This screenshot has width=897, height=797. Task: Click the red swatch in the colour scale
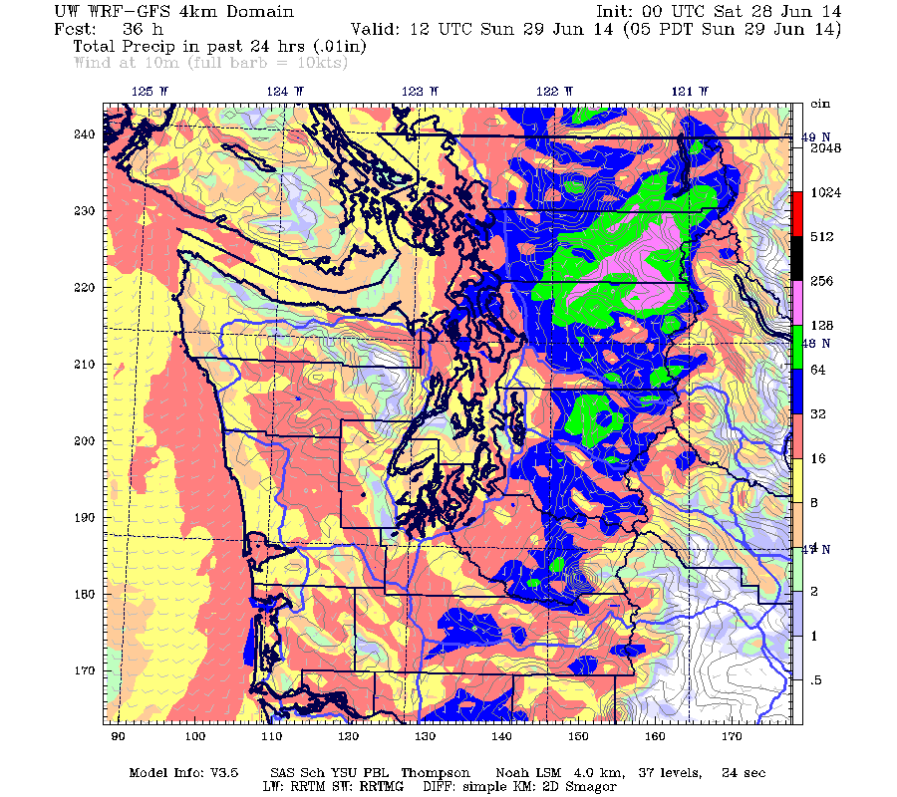pyautogui.click(x=795, y=213)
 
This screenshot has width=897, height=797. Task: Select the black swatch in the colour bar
pyautogui.click(x=795, y=258)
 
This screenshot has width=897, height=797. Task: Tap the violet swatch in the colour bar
pyautogui.click(x=795, y=303)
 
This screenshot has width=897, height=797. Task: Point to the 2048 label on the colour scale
pyautogui.click(x=827, y=148)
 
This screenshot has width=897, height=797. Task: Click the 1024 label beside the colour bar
pyautogui.click(x=827, y=193)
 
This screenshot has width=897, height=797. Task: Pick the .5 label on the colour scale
pyautogui.click(x=814, y=679)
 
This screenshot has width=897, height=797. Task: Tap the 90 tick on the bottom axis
pyautogui.click(x=118, y=736)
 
